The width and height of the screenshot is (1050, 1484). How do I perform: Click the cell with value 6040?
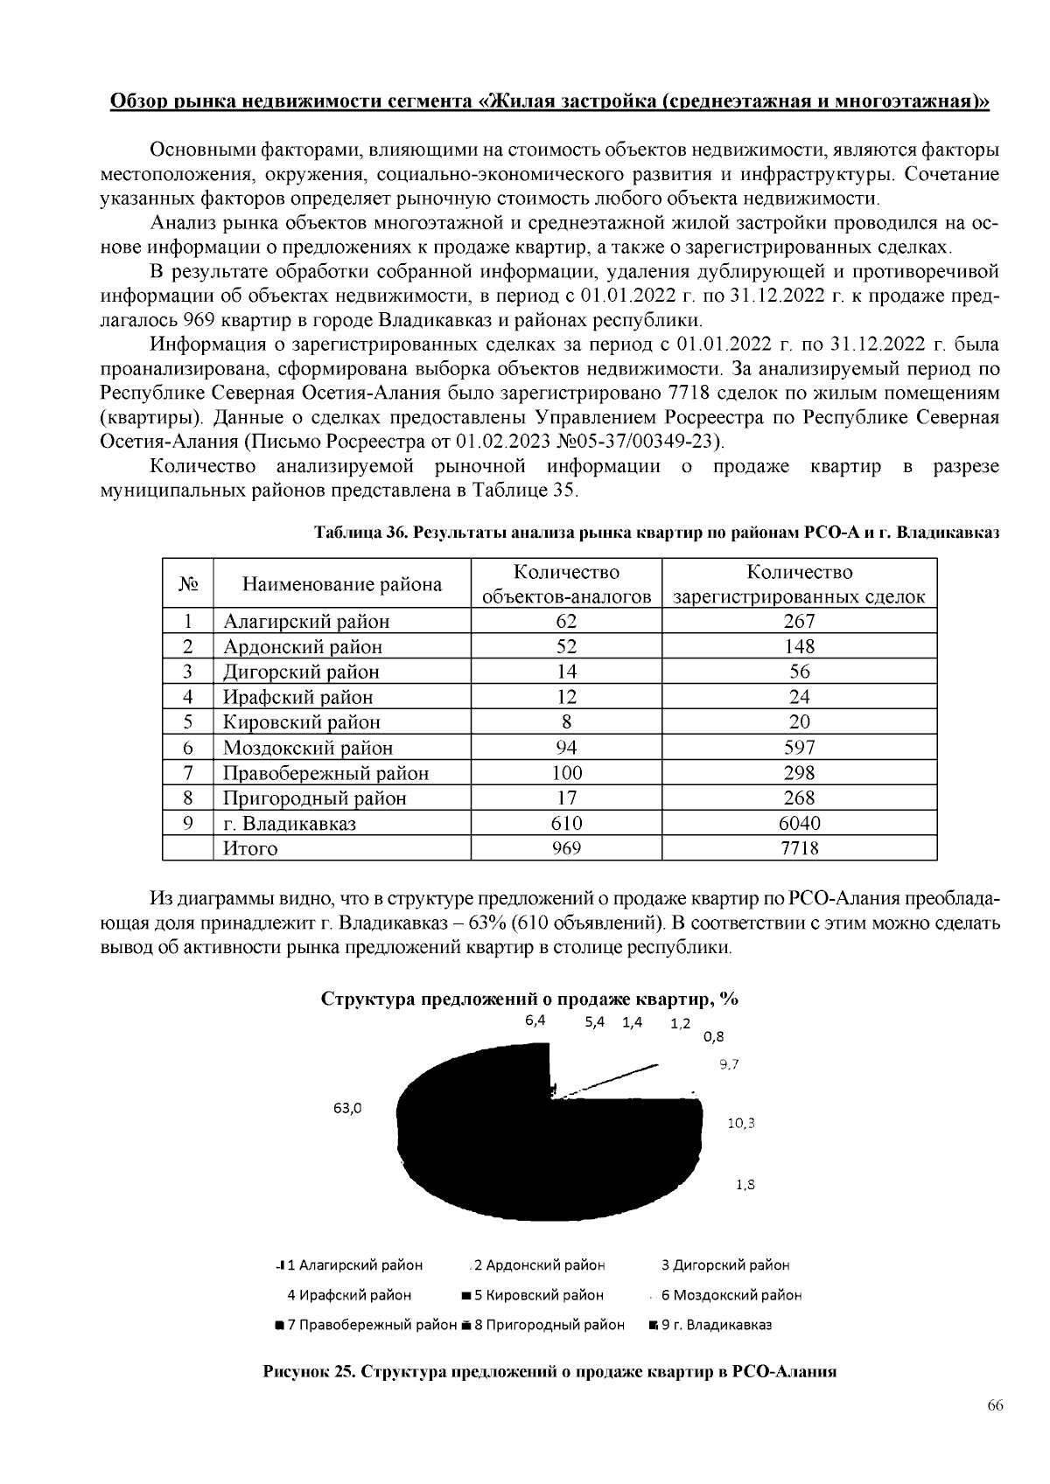click(799, 823)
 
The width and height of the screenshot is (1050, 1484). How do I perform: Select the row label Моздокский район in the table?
click(307, 748)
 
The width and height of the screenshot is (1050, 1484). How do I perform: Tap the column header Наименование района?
click(342, 584)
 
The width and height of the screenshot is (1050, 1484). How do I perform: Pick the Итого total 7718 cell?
click(799, 848)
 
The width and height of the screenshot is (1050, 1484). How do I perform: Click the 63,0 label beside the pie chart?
click(346, 1108)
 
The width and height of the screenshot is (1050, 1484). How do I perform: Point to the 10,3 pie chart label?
click(740, 1124)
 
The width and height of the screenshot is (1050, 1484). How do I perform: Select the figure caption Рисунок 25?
click(550, 1371)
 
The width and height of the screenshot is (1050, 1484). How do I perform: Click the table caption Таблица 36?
click(656, 532)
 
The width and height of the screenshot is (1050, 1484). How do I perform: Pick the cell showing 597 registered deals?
click(799, 748)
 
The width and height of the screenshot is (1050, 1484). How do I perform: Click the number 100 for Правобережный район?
click(566, 773)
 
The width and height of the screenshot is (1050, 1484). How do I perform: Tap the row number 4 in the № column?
click(187, 697)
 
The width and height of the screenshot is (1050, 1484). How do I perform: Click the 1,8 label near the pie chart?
click(745, 1185)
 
